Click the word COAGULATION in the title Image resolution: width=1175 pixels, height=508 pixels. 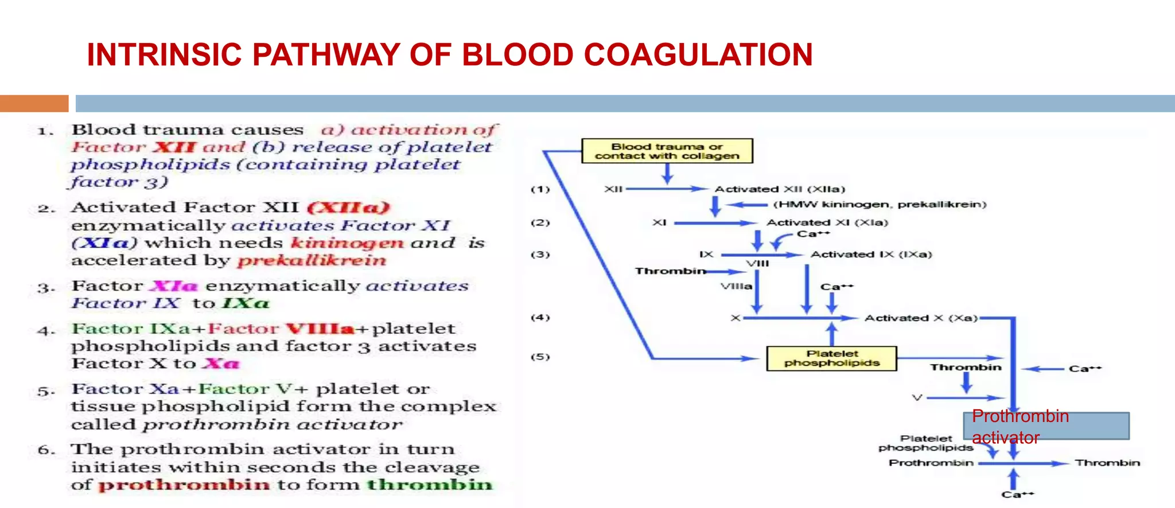[698, 55]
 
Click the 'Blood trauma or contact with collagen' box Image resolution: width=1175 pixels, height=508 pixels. [667, 151]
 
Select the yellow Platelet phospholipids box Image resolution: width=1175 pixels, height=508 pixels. [831, 358]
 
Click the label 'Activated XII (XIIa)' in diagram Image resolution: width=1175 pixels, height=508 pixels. [780, 189]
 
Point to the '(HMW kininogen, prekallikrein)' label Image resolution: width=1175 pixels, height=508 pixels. [880, 205]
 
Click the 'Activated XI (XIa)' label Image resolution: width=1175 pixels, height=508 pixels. [827, 222]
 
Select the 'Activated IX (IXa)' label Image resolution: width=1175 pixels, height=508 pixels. [871, 254]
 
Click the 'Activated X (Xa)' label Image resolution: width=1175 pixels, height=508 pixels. [920, 318]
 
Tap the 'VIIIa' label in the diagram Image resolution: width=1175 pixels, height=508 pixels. [736, 286]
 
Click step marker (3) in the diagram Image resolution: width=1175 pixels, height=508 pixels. [540, 254]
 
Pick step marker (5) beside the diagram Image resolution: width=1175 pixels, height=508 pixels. [540, 357]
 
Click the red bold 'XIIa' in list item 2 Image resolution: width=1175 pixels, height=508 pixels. [348, 208]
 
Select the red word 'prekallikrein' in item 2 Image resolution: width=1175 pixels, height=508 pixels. [312, 261]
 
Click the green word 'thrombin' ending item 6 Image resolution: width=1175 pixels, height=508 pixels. [429, 485]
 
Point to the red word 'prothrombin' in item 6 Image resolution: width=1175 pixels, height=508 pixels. [184, 485]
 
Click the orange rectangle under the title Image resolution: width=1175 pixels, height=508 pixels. [34, 103]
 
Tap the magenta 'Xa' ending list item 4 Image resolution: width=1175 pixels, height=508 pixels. [221, 364]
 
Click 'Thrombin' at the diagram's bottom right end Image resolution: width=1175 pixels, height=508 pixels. [1107, 463]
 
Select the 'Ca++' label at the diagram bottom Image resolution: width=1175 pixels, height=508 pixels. [1017, 494]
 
